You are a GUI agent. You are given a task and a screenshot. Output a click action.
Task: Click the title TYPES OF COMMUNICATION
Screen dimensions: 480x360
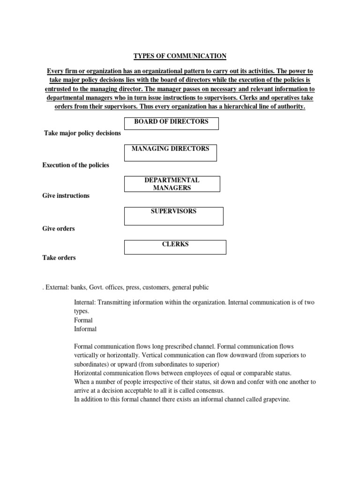coord(180,56)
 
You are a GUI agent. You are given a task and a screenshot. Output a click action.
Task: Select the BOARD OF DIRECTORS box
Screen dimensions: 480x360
coord(171,123)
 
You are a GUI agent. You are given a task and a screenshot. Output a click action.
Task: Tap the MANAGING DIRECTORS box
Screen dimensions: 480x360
coord(171,153)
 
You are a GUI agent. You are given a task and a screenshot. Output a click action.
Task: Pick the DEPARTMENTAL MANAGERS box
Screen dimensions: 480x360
coord(172,184)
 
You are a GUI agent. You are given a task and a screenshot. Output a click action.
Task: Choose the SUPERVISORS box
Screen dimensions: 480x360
coord(173,216)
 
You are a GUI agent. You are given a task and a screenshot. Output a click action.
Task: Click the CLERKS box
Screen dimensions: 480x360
coord(175,247)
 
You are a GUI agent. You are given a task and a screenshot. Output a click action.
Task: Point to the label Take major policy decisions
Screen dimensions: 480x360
coord(82,133)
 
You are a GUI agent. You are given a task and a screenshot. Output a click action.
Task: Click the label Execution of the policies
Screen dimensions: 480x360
coord(75,165)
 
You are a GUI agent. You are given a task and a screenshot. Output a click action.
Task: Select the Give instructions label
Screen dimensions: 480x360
coord(66,195)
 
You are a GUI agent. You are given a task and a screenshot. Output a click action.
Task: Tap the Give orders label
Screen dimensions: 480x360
coord(59,229)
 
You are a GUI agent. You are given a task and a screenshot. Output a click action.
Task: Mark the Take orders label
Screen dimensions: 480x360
coord(59,258)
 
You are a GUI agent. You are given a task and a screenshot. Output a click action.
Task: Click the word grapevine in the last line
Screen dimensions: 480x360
coord(276,399)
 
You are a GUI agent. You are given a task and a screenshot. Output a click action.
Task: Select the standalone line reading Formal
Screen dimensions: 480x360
coord(83,320)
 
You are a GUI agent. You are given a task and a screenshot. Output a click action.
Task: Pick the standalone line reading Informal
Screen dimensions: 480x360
coord(85,329)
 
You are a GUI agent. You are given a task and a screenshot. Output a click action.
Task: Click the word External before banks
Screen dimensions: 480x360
coord(56,287)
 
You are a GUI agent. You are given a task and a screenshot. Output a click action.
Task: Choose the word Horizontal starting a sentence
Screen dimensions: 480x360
coord(90,373)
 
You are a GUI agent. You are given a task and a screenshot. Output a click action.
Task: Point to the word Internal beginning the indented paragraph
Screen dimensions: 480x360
coord(85,302)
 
